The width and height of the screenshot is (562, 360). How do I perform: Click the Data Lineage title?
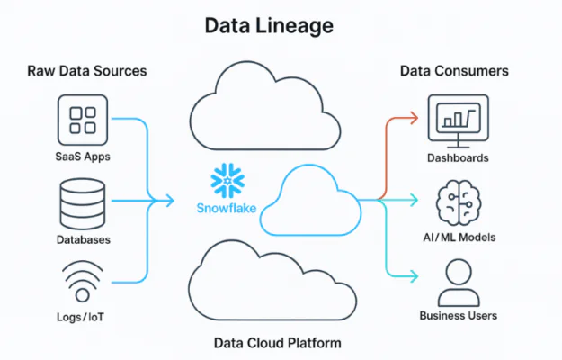[269, 26]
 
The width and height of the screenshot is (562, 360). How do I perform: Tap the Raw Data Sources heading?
[87, 71]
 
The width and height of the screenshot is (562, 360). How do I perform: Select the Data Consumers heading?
[454, 71]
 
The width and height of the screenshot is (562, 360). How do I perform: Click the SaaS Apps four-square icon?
[83, 120]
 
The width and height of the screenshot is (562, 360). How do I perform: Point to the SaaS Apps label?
[83, 157]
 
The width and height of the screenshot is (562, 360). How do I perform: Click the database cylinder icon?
[83, 204]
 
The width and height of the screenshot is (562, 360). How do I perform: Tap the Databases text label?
[83, 239]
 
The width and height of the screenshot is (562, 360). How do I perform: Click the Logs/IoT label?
[80, 317]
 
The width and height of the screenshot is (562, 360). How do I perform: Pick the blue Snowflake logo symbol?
[227, 181]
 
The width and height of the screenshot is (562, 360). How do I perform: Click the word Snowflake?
[227, 208]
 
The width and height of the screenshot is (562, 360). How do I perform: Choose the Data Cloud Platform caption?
[278, 343]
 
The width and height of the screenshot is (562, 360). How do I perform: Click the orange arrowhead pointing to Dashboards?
[414, 118]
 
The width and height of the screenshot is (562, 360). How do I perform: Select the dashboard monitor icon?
[459, 121]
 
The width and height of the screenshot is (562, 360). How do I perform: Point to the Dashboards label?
[458, 158]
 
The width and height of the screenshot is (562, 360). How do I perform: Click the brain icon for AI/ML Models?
[459, 202]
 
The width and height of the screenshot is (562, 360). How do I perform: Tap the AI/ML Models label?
[459, 238]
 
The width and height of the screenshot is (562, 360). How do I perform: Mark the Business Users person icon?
[459, 283]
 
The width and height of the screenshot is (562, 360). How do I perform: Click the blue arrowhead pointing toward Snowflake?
[170, 201]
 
